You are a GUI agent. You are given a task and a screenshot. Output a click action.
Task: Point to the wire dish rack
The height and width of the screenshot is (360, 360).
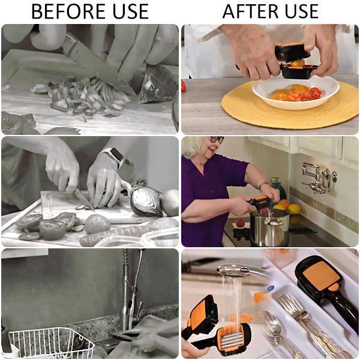(51, 343)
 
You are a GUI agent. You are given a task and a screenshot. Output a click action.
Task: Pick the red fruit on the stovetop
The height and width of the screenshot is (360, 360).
(241, 223)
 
